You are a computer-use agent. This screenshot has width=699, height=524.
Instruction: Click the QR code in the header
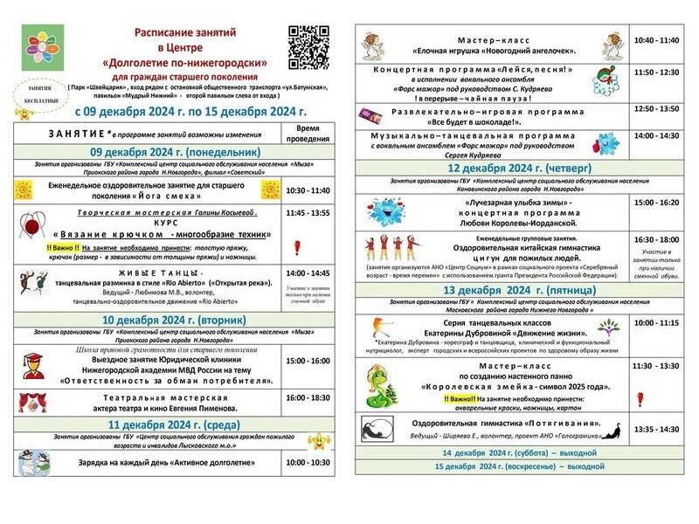tap(308, 45)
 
